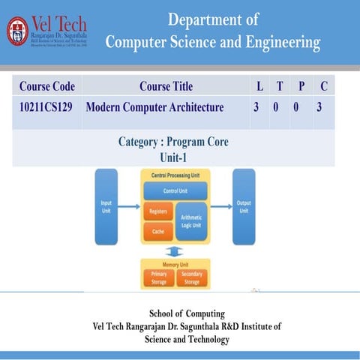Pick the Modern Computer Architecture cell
[x=155, y=108]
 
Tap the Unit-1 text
[x=173, y=156]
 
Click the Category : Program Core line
[x=173, y=142]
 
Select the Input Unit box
[x=106, y=206]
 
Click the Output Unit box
[x=244, y=206]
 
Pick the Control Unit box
[x=175, y=191]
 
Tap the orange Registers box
[x=158, y=211]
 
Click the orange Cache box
[x=158, y=232]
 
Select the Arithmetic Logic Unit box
[x=191, y=221]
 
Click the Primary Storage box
[x=158, y=278]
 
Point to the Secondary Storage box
[x=191, y=278]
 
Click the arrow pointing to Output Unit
[x=220, y=206]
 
